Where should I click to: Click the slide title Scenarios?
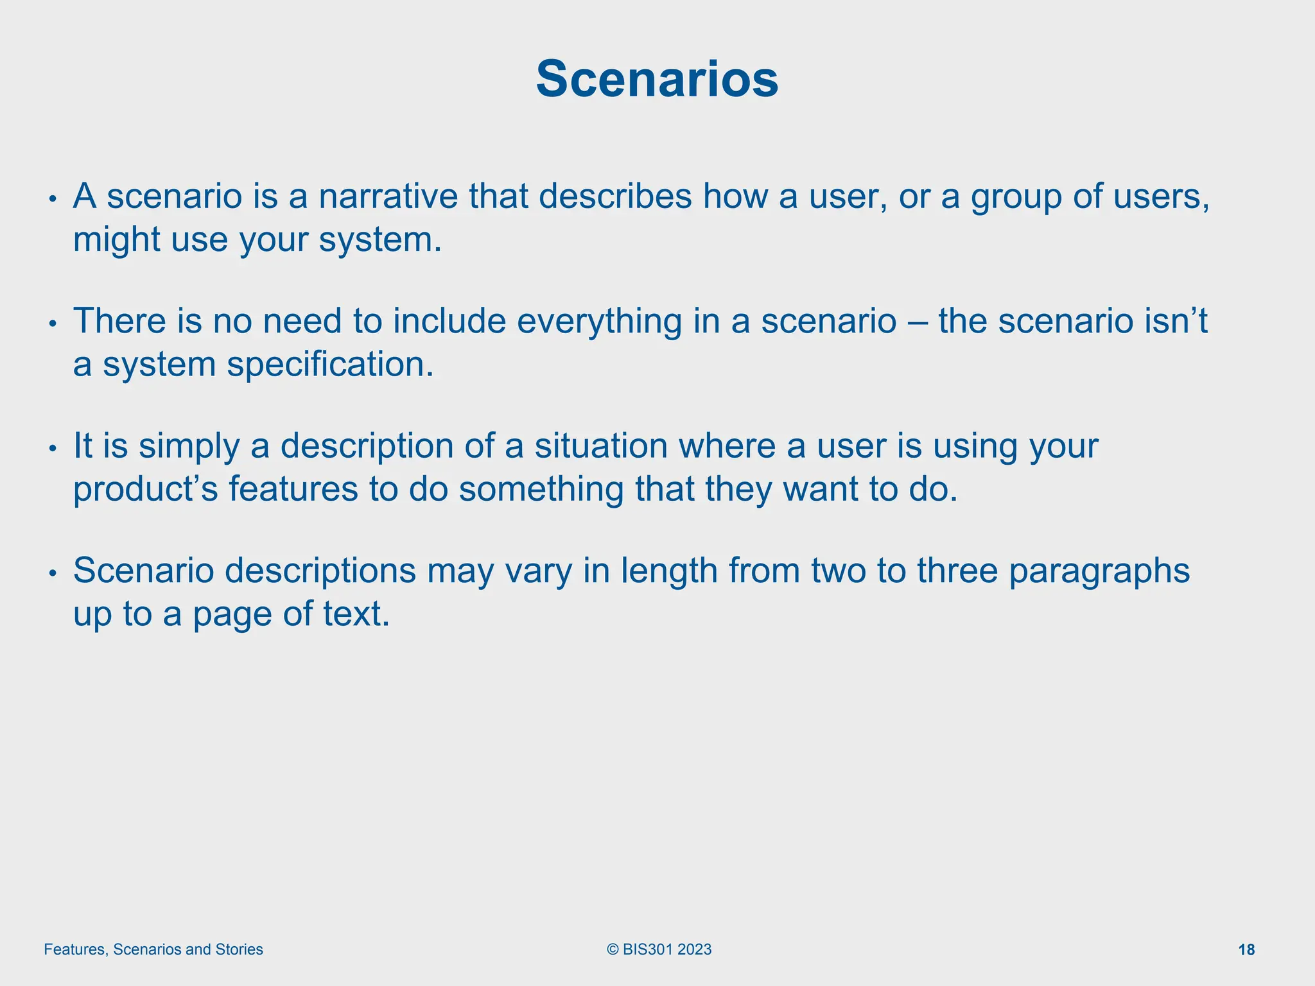point(657,80)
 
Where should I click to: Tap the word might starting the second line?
point(116,240)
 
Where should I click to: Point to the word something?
point(541,490)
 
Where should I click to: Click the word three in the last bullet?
point(957,571)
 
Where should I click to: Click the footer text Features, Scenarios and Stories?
point(153,949)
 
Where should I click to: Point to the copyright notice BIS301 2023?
point(659,949)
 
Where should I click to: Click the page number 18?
point(1246,950)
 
